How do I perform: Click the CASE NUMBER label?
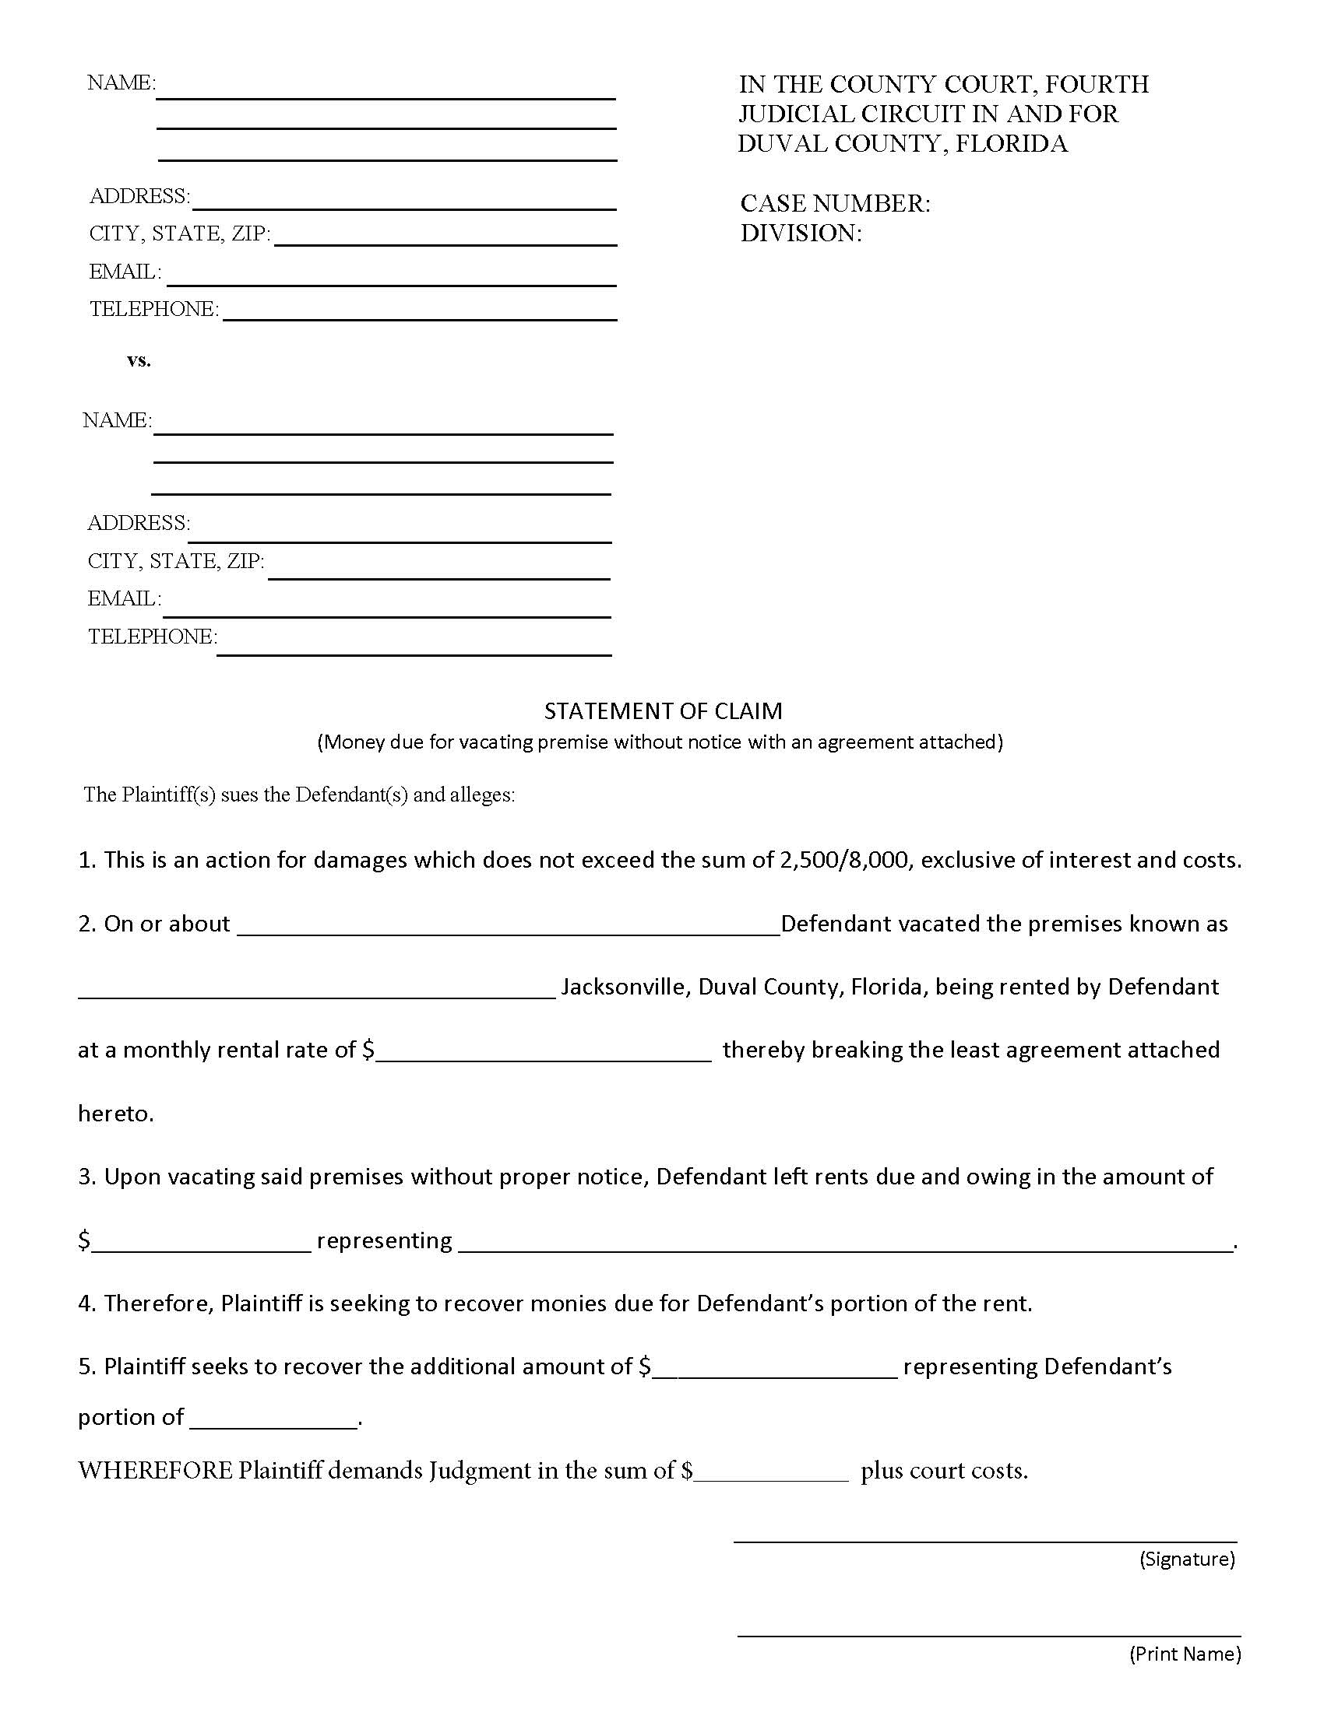(835, 204)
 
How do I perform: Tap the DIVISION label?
(800, 233)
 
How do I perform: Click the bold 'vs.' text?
(139, 360)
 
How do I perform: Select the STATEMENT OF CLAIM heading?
(663, 711)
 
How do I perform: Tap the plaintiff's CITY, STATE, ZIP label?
(180, 233)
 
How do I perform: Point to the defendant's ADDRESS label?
(138, 523)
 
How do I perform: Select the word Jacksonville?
(624, 987)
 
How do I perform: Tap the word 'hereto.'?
(116, 1114)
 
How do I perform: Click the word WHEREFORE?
(154, 1471)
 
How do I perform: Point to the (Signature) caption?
(1187, 1559)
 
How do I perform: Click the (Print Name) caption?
(1185, 1654)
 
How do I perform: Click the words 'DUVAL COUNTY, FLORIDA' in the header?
(902, 144)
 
